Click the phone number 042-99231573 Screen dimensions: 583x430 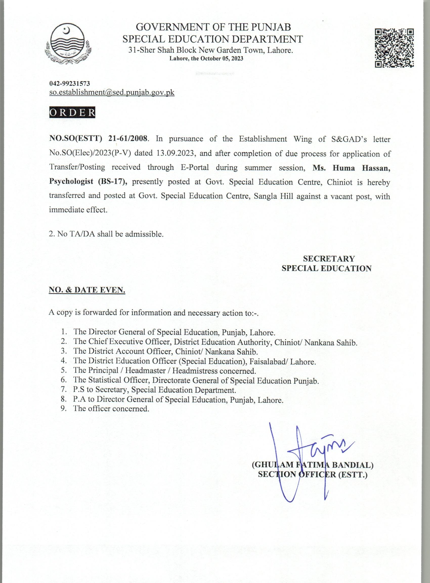(70, 83)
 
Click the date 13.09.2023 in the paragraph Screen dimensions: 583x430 (176, 153)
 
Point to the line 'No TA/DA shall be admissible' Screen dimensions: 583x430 (106, 234)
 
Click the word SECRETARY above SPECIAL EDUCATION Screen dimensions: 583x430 (329, 258)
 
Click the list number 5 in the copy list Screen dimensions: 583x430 (63, 370)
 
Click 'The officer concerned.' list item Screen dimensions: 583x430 (111, 408)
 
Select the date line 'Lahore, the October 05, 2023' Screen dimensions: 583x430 (206, 59)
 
